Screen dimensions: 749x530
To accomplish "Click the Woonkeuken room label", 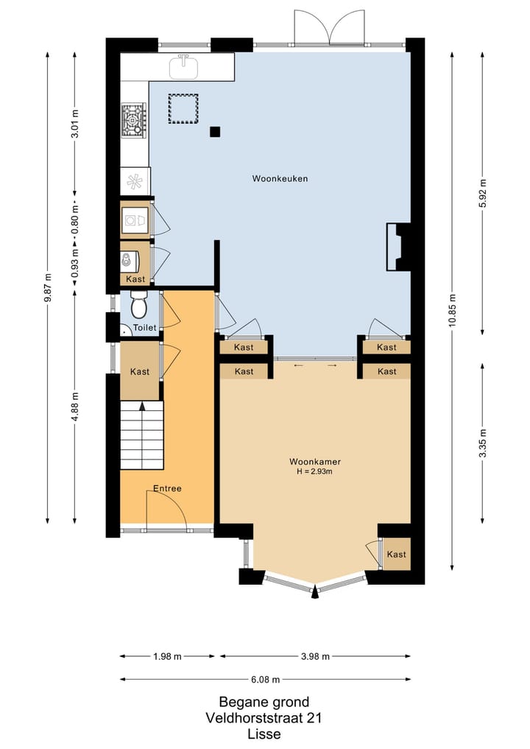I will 280,178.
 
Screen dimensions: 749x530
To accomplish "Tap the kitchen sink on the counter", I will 184,68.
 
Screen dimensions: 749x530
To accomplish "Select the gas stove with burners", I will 134,119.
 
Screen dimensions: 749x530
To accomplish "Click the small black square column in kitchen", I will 215,132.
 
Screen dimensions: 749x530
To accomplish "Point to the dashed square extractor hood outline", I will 184,108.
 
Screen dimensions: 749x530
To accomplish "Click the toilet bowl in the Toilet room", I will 139,305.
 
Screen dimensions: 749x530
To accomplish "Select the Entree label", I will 167,488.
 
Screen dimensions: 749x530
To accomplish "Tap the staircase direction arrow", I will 141,405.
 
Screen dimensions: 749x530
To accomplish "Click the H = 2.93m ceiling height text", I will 315,472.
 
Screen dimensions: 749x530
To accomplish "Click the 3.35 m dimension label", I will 483,443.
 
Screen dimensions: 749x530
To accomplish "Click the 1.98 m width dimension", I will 167,656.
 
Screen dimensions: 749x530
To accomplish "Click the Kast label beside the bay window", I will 397,554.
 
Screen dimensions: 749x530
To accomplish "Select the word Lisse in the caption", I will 264,734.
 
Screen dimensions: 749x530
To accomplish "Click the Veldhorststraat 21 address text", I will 264,718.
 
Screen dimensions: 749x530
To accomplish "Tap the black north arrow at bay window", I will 315,591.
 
